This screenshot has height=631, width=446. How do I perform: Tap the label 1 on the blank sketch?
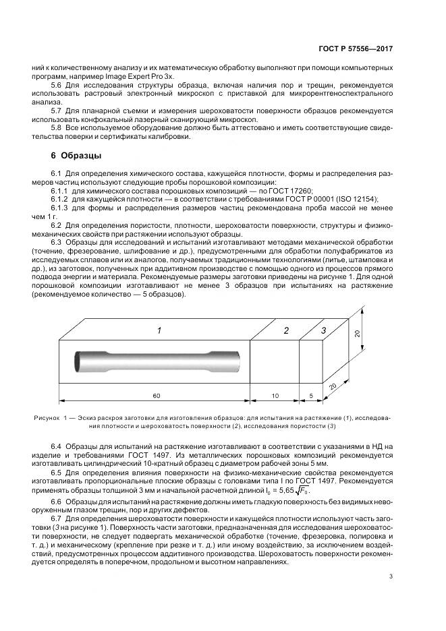click(x=159, y=331)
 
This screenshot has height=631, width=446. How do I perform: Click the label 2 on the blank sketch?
click(x=286, y=331)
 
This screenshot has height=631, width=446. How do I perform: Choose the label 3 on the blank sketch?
click(x=324, y=330)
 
